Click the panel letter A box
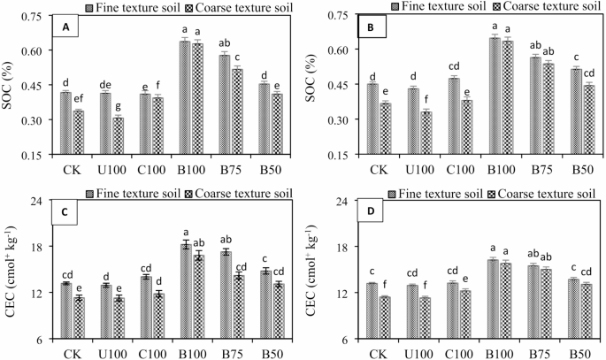65,28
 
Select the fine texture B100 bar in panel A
185,97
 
